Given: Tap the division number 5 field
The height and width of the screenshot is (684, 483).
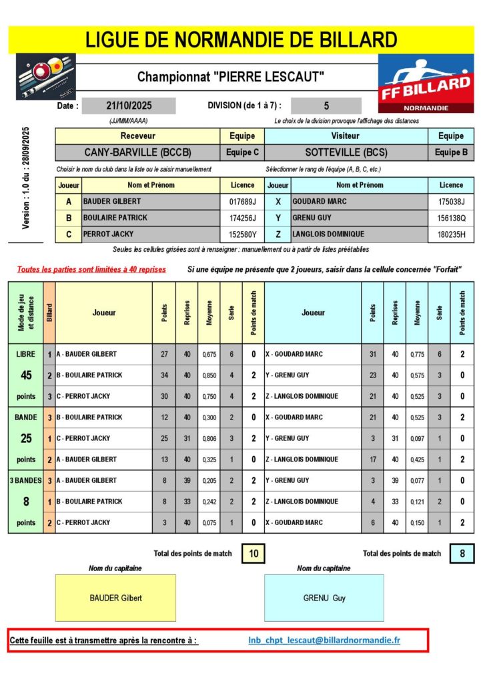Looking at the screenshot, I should coord(326,106).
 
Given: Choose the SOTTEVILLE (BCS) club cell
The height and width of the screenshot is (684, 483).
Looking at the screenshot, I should coord(346,152).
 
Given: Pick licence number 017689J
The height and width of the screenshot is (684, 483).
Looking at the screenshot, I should coord(242,200).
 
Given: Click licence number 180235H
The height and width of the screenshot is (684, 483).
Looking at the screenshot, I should coord(451,234).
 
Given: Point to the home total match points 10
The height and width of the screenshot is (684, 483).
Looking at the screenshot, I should coord(254,553).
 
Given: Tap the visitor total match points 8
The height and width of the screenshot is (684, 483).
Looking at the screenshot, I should coord(462,553).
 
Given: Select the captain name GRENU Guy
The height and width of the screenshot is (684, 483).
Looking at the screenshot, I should coord(324,598).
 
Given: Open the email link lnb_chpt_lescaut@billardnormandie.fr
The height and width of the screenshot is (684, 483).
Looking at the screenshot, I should coord(324,641).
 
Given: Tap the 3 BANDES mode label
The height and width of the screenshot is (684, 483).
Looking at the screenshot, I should coord(25,480).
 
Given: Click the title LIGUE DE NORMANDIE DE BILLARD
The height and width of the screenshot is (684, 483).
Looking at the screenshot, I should coord(241,39).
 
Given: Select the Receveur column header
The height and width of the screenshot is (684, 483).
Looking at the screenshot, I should coord(137,136).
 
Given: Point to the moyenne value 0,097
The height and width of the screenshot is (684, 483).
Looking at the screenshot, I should coord(417,438).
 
